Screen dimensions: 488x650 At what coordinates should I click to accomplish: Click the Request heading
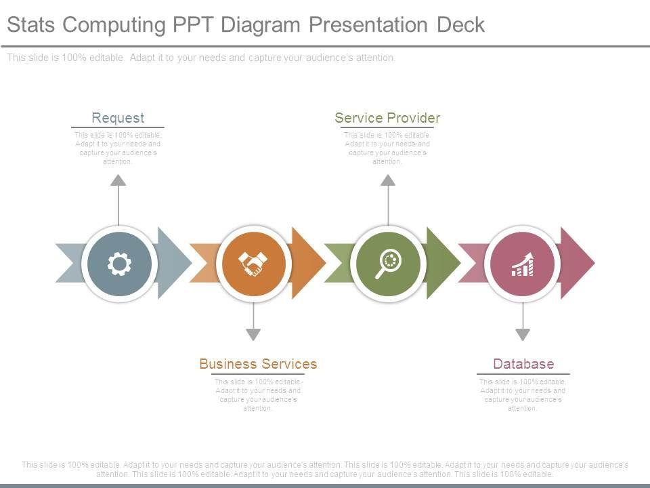[118, 118]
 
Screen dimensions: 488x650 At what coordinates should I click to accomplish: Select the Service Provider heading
[387, 118]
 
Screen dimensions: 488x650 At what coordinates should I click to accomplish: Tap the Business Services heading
[258, 364]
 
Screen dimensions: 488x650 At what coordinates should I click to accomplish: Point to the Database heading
[523, 364]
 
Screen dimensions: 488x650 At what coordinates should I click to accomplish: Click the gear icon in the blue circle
[119, 263]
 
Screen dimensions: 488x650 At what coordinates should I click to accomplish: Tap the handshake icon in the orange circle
[253, 263]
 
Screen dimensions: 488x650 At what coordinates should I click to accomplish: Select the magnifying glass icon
[389, 263]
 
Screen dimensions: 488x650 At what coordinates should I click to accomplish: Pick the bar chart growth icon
[522, 264]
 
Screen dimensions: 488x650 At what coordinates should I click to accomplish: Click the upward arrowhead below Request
[118, 180]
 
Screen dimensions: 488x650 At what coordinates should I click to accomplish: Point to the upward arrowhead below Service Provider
[388, 180]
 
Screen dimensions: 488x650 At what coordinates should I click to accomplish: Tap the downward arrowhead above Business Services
[253, 333]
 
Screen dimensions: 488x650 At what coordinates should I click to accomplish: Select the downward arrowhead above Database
[523, 333]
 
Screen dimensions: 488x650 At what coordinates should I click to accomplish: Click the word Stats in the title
[32, 25]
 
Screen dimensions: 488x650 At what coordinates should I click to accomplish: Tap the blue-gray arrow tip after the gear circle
[175, 263]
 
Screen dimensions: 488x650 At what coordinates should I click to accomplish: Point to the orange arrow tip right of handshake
[309, 263]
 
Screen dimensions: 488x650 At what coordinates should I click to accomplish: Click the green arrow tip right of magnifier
[443, 263]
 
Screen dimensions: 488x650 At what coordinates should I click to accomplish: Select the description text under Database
[523, 395]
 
